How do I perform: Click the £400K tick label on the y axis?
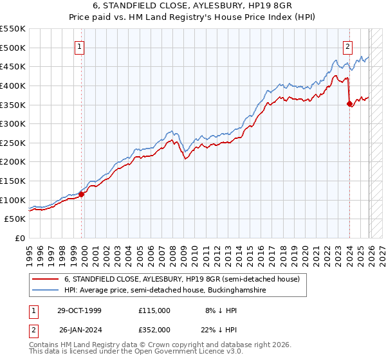[x=13, y=85]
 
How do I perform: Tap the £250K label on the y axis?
[x=13, y=143]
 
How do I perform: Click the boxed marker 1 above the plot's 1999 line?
[x=80, y=46]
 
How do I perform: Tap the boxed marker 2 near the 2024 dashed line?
[x=347, y=46]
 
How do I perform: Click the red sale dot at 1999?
[x=82, y=194]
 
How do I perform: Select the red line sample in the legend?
[x=45, y=280]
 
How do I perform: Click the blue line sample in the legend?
[x=45, y=291]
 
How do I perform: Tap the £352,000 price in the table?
[x=154, y=329]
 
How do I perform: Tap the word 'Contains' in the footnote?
[x=44, y=345]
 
